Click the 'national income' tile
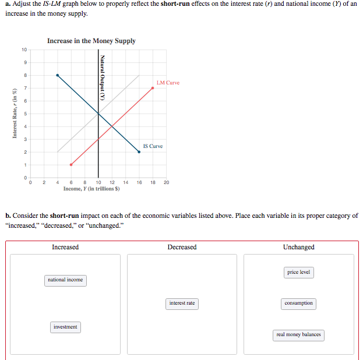pyautogui.click(x=65, y=280)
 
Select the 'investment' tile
pyautogui.click(x=65, y=327)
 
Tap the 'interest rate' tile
pyautogui.click(x=182, y=303)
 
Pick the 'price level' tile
pyautogui.click(x=299, y=272)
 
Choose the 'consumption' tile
pyautogui.click(x=299, y=303)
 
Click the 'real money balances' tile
pyautogui.click(x=299, y=334)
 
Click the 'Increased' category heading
pyautogui.click(x=65, y=247)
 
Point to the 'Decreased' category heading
pyautogui.click(x=182, y=247)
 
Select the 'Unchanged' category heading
pyautogui.click(x=299, y=247)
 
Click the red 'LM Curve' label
pyautogui.click(x=168, y=83)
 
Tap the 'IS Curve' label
pyautogui.click(x=153, y=146)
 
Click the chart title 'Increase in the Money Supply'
pyautogui.click(x=91, y=41)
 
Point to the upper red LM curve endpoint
pyautogui.click(x=153, y=87)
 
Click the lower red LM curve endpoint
pyautogui.click(x=71, y=164)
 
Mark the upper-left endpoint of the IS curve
pyautogui.click(x=57, y=75)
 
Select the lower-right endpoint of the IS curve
pyautogui.click(x=139, y=151)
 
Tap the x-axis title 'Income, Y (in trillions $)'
pyautogui.click(x=91, y=189)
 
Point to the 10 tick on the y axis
pyautogui.click(x=24, y=50)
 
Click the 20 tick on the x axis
pyautogui.click(x=166, y=182)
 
